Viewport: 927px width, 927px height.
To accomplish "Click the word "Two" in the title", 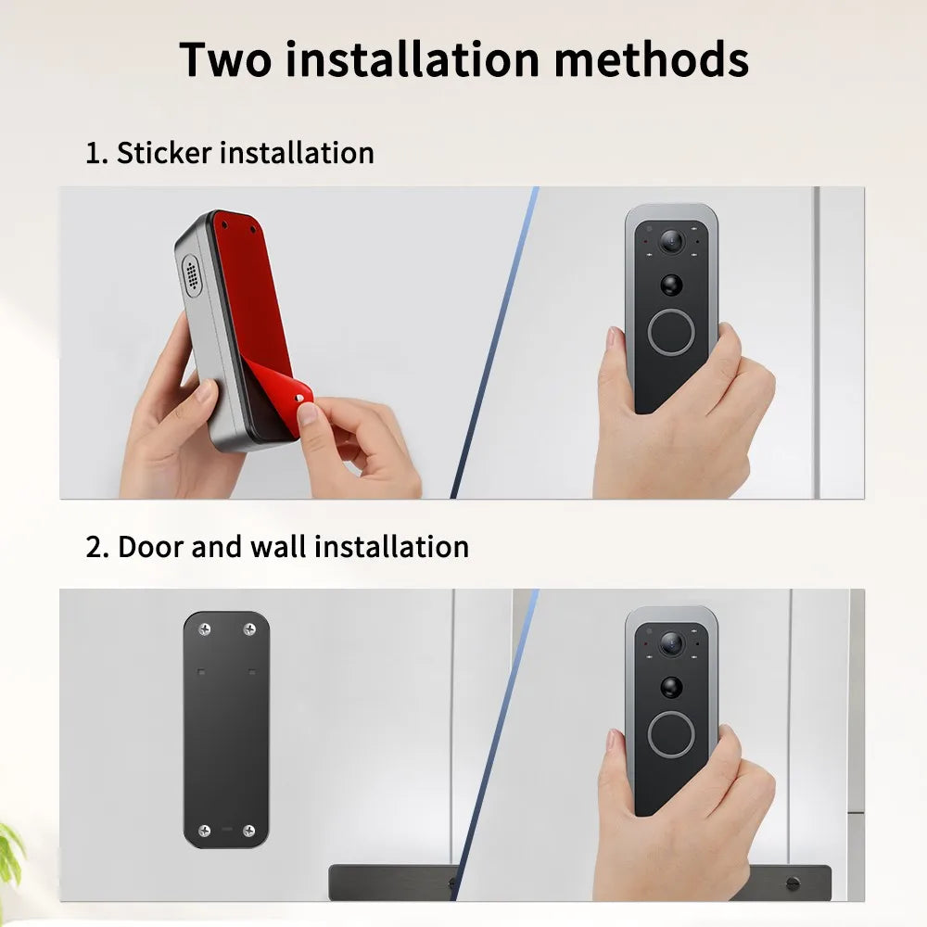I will pyautogui.click(x=224, y=58).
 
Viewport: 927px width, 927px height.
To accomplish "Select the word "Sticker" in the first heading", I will pyautogui.click(x=163, y=153).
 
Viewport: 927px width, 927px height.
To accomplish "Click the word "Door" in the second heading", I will pyautogui.click(x=150, y=547).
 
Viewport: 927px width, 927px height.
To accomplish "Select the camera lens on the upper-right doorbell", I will pyautogui.click(x=671, y=242).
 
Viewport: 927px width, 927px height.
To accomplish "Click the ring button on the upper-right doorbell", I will pyautogui.click(x=671, y=332).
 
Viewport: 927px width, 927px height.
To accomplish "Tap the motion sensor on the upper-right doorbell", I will pyautogui.click(x=671, y=285).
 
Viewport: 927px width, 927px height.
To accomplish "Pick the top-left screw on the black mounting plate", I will pyautogui.click(x=205, y=629).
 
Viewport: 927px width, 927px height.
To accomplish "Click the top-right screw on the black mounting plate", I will pyautogui.click(x=248, y=629).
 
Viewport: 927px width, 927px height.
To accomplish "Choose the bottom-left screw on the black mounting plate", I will pyautogui.click(x=205, y=830).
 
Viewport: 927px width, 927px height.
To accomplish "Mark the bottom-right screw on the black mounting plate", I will pyautogui.click(x=248, y=830).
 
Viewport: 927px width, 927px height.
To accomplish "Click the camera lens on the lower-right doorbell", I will pyautogui.click(x=671, y=642).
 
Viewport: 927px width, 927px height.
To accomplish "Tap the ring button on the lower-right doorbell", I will pyautogui.click(x=671, y=734).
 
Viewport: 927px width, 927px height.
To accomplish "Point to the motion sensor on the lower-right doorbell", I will pyautogui.click(x=671, y=687).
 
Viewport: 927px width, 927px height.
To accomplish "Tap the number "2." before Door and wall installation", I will pyautogui.click(x=97, y=547).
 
